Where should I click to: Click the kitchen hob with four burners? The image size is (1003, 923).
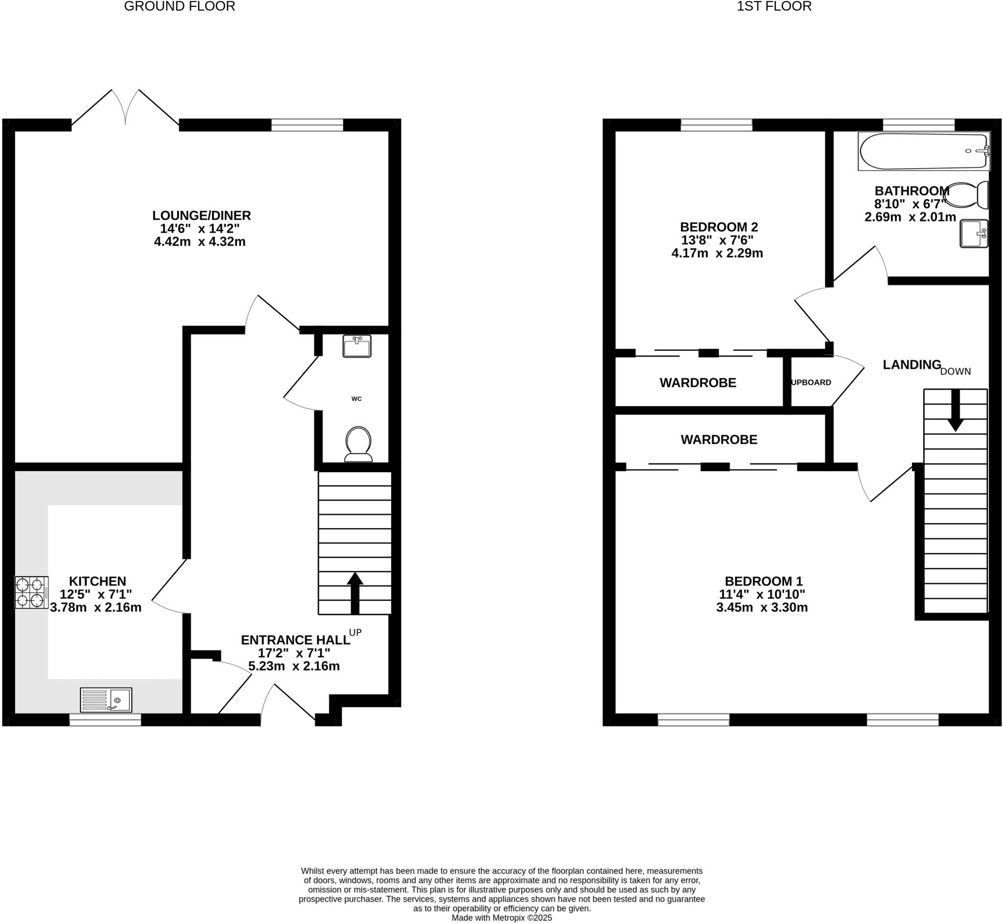[x=31, y=592]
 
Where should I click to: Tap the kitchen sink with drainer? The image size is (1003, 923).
[x=106, y=700]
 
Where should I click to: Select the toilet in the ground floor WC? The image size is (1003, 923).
[x=358, y=443]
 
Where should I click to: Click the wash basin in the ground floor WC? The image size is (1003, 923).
[x=357, y=346]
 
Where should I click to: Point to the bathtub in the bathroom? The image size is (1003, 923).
[x=923, y=151]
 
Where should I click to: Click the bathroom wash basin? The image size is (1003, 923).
[x=974, y=234]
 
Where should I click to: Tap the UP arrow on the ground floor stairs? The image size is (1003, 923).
[x=355, y=592]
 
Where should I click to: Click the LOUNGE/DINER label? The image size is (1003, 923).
[x=201, y=216]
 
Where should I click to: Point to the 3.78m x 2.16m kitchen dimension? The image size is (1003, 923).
[x=96, y=608]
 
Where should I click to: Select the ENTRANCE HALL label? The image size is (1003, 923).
[x=295, y=640]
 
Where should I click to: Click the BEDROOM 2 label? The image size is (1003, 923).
[x=718, y=227]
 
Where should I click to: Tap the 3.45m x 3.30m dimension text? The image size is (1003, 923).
[x=762, y=608]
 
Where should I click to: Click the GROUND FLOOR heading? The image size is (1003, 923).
[x=179, y=6]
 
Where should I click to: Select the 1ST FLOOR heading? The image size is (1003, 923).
[x=774, y=6]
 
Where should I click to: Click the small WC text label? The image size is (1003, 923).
[x=357, y=398]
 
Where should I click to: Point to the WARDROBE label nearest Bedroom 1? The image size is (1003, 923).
[x=718, y=439]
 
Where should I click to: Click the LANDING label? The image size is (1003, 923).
[x=911, y=365]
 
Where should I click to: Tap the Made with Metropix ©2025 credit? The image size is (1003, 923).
[x=502, y=918]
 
